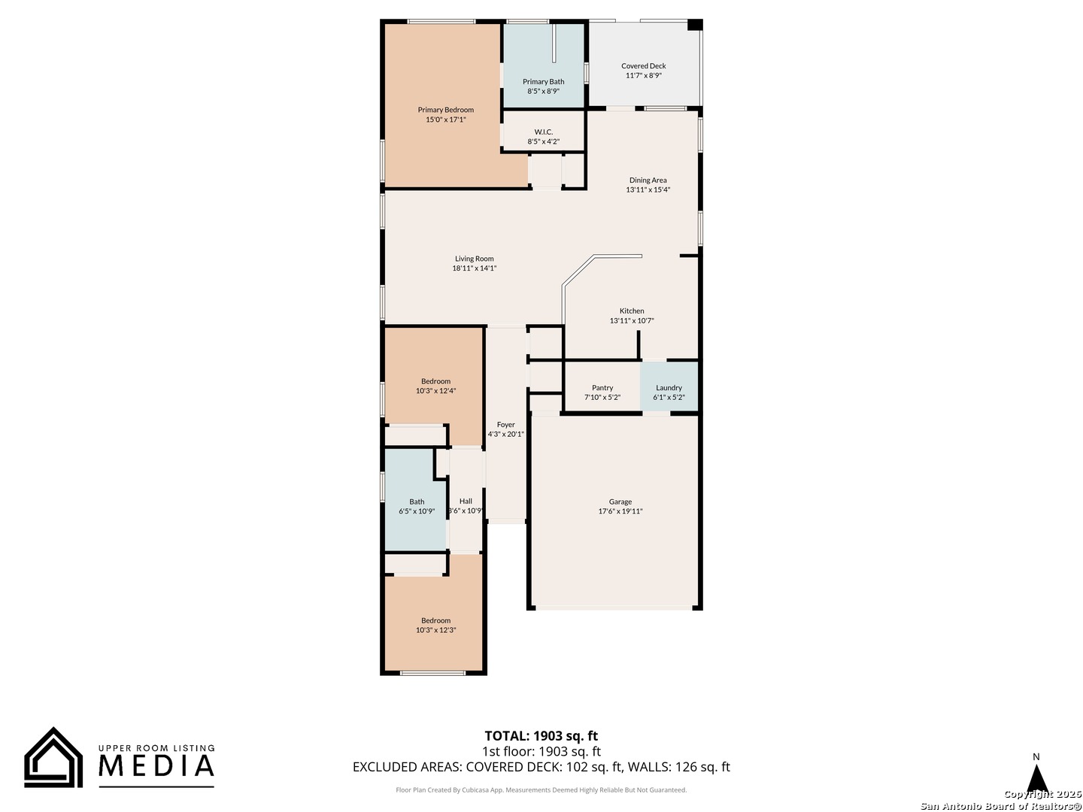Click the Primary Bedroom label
tap(445, 110)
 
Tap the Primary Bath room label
tap(543, 82)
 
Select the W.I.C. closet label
tap(543, 132)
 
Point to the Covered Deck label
tap(643, 66)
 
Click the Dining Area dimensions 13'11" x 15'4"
tap(648, 189)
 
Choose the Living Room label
tap(474, 259)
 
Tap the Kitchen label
tap(632, 311)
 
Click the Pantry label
tap(602, 388)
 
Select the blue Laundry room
tap(669, 386)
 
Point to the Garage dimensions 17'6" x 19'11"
tap(620, 511)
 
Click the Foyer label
tap(505, 425)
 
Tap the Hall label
tap(466, 501)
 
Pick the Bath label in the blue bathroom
tap(417, 502)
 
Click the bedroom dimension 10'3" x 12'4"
tap(435, 391)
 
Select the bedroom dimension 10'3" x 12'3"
tap(435, 630)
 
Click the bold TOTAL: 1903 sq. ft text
tap(541, 736)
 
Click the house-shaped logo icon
tap(53, 757)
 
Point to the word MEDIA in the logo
tap(156, 765)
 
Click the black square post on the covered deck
tap(695, 25)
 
